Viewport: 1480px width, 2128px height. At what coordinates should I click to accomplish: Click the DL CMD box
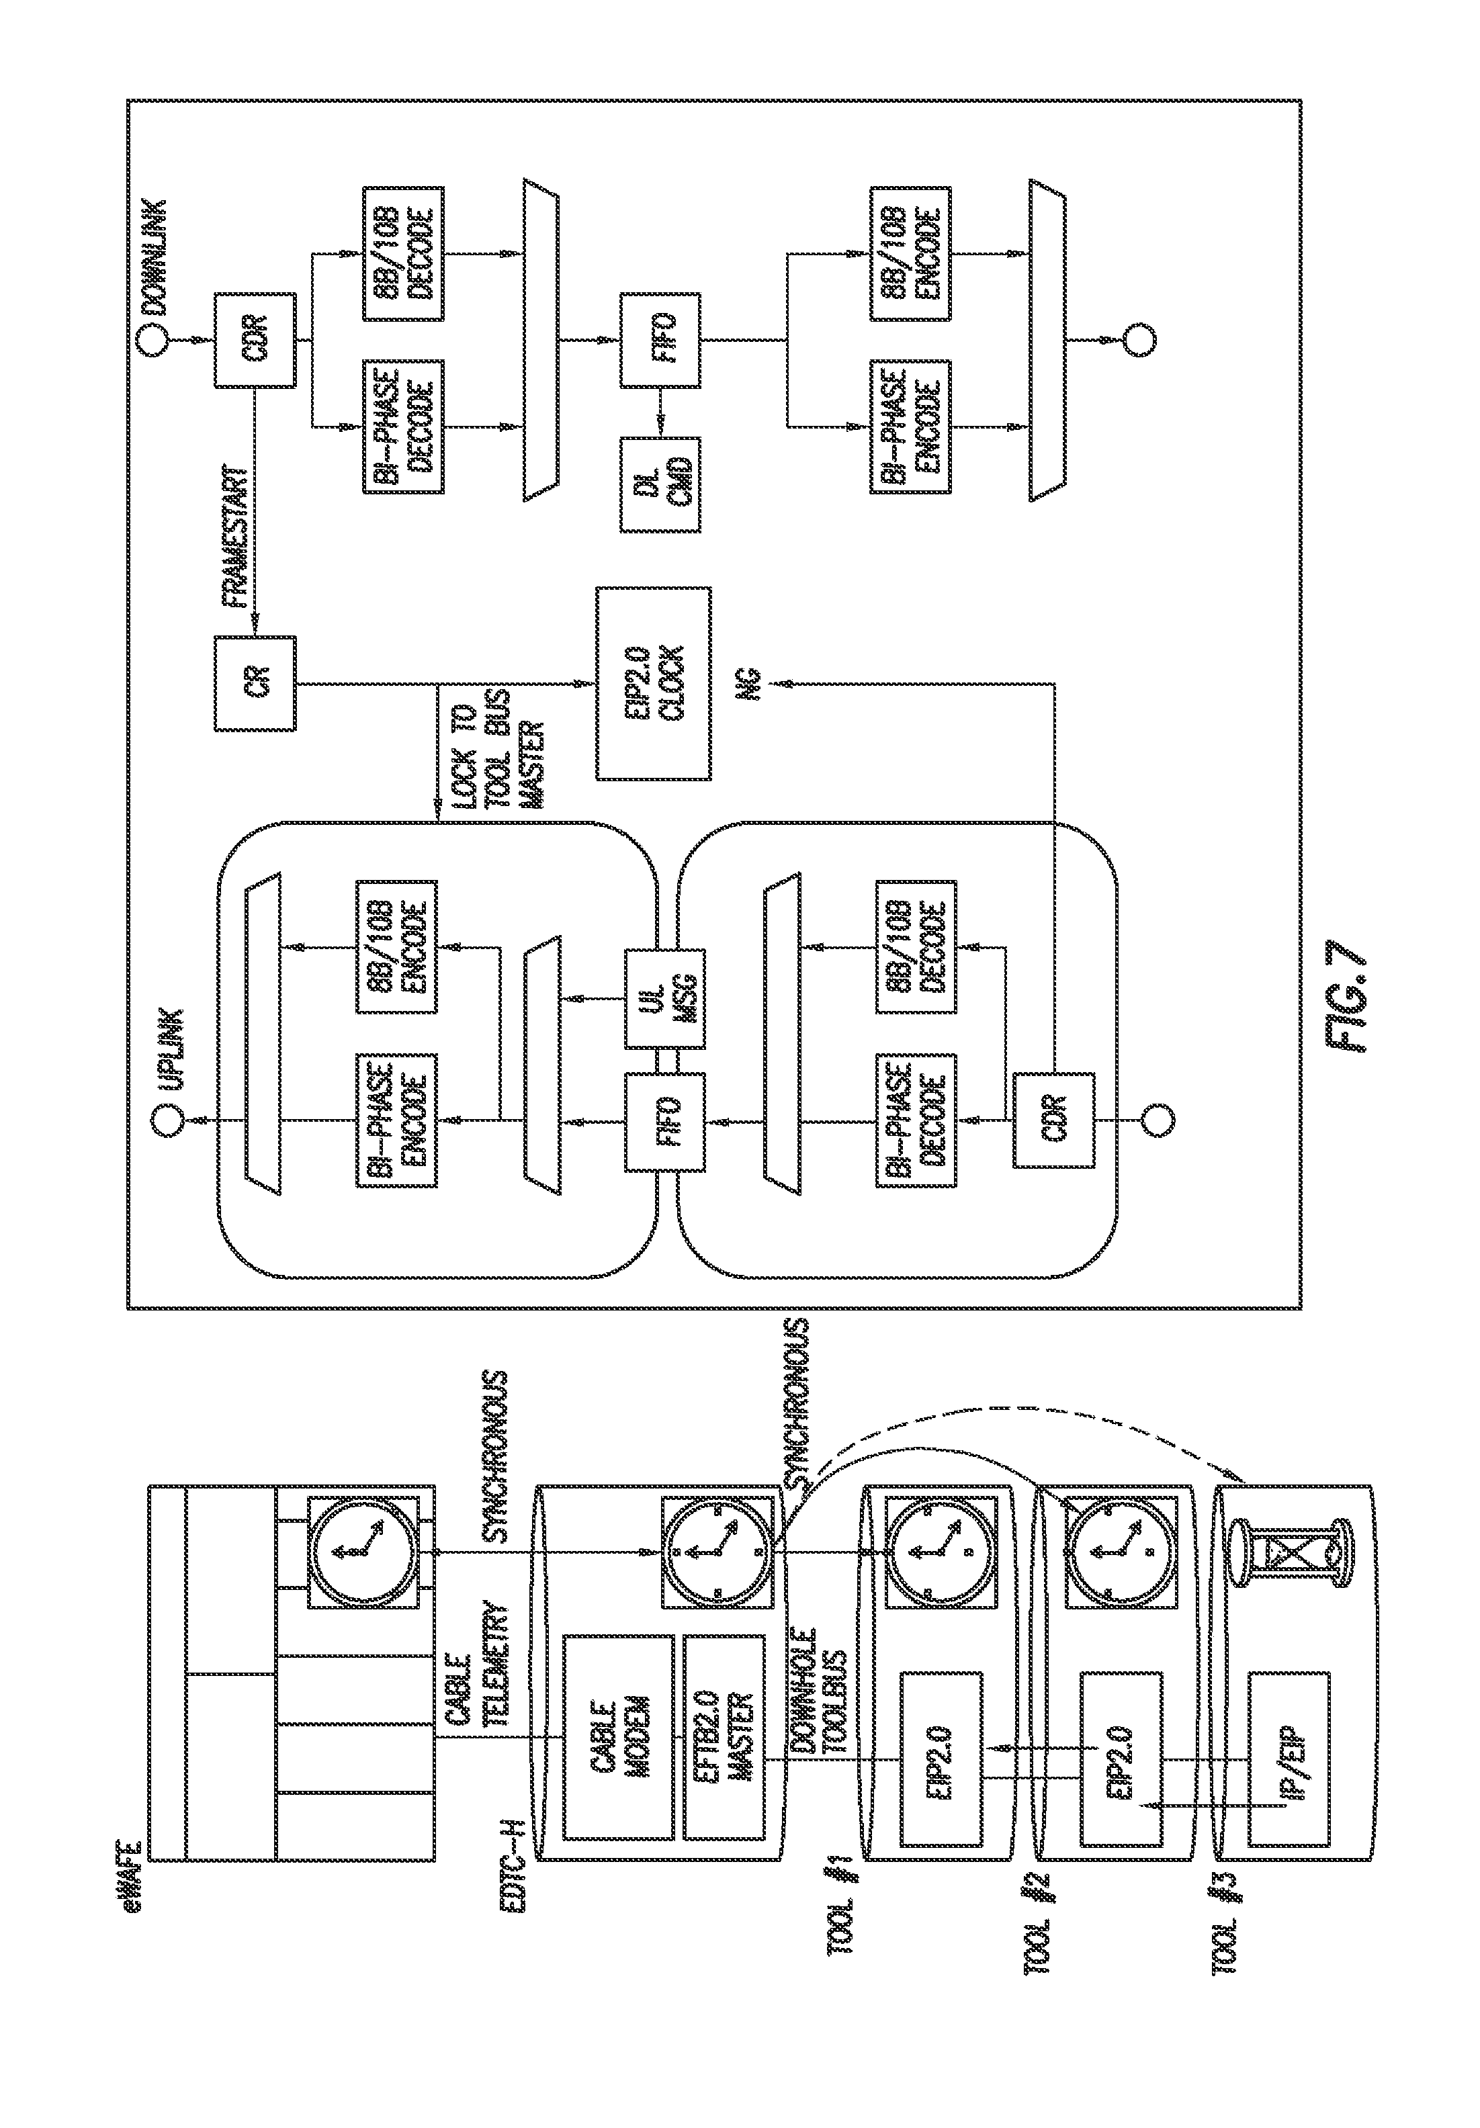coord(660,484)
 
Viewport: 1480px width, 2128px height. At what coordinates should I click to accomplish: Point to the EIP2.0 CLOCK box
coord(654,683)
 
